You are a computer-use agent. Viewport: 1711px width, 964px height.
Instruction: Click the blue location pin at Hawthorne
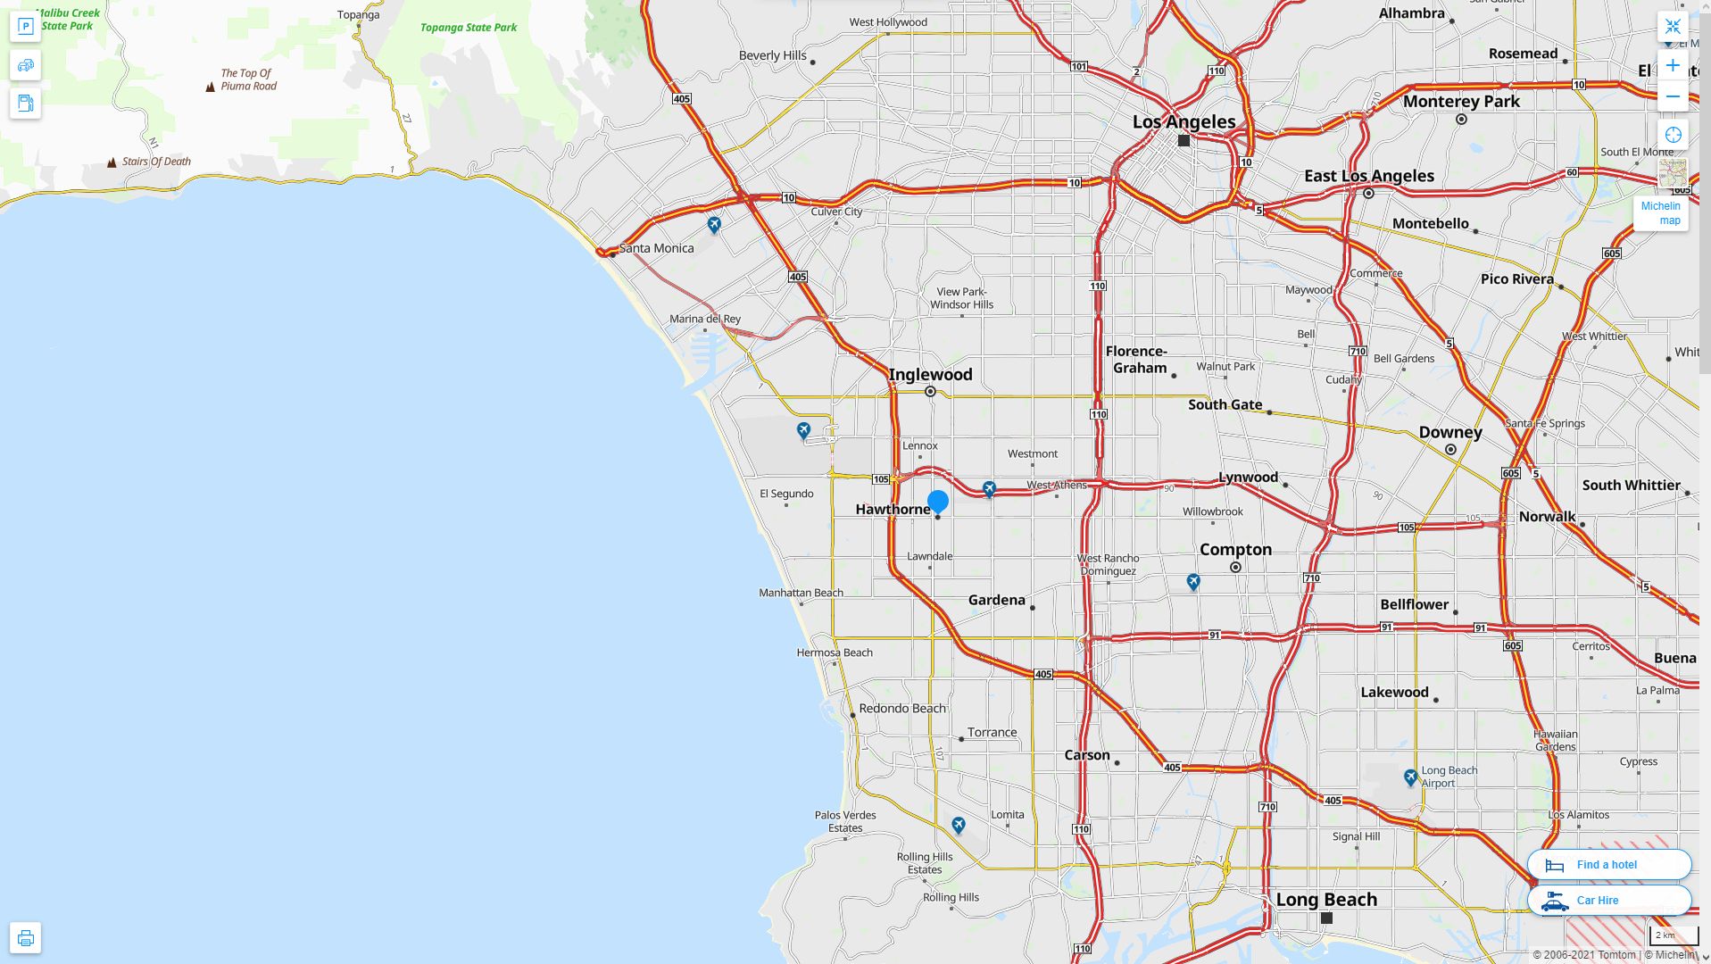[x=937, y=502]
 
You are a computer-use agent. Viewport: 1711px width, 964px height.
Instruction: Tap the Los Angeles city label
[x=1184, y=122]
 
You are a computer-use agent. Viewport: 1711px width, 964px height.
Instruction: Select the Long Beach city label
[x=1326, y=900]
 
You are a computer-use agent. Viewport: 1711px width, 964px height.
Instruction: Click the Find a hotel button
[x=1608, y=865]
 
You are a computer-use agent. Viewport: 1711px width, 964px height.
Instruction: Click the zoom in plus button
[x=1673, y=66]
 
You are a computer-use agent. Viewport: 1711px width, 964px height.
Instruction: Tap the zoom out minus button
[x=1673, y=96]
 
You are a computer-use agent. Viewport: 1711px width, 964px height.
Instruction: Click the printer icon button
[x=25, y=938]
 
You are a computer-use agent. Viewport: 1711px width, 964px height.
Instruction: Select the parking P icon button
[x=25, y=27]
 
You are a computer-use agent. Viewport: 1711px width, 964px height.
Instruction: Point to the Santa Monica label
[x=656, y=248]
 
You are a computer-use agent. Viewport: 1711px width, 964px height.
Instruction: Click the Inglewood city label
[x=930, y=375]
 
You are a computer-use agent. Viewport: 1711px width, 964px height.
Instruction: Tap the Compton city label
[x=1235, y=550]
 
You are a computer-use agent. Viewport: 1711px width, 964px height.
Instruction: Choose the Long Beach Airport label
[x=1449, y=777]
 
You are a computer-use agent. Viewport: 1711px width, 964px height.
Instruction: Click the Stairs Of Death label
[x=156, y=162]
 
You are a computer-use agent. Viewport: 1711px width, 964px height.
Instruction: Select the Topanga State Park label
[x=469, y=28]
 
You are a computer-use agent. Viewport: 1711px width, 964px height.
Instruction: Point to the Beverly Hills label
[x=772, y=55]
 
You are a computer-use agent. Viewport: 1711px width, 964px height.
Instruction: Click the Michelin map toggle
[x=1660, y=213]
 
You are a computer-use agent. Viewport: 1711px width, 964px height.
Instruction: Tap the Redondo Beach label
[x=901, y=709]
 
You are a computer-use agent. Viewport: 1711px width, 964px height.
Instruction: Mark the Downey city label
[x=1449, y=433]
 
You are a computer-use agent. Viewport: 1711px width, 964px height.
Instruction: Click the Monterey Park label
[x=1461, y=102]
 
